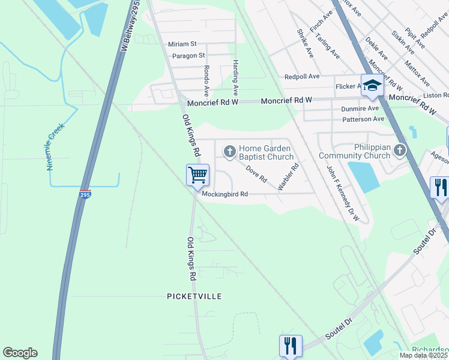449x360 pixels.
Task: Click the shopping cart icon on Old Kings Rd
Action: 197,175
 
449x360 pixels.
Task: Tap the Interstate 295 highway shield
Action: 85,195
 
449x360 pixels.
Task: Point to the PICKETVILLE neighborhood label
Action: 194,296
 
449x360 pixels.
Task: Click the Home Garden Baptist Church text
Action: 265,152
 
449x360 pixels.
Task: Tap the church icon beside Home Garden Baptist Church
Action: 229,152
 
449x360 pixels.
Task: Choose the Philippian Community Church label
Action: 354,151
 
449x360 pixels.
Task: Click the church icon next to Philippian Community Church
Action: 400,151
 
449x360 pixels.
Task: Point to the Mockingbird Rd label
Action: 224,194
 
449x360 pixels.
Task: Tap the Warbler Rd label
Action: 288,178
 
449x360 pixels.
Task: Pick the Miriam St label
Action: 182,44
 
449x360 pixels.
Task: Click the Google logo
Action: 20,353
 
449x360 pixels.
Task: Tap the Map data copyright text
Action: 424,355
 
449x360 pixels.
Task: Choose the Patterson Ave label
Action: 363,119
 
